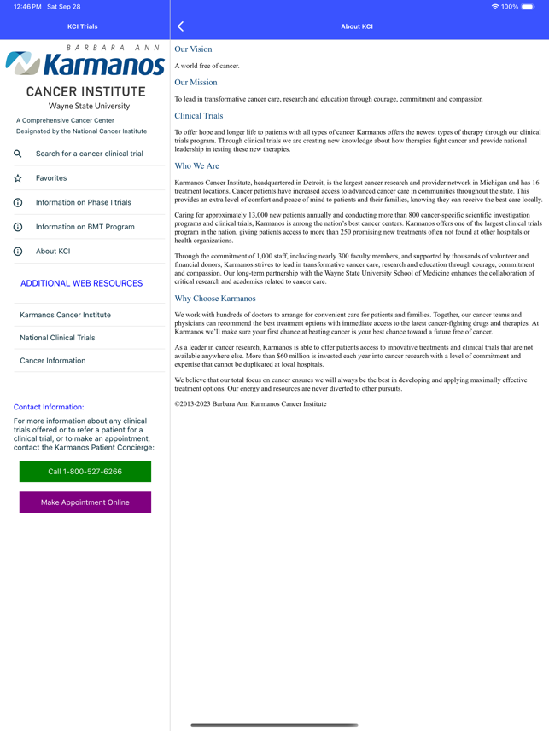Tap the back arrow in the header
(181, 26)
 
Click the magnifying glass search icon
(18, 154)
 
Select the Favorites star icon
(18, 178)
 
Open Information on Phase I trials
(83, 203)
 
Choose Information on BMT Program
(85, 227)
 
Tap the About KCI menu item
(53, 252)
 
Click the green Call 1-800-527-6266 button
(85, 472)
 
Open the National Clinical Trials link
(57, 338)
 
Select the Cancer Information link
(53, 361)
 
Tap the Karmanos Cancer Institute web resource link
(65, 315)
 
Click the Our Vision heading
(193, 49)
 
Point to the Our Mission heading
(196, 83)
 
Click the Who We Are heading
(196, 166)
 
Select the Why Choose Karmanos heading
(215, 299)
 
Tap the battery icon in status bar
(529, 7)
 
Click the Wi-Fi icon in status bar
(495, 7)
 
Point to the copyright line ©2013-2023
(250, 404)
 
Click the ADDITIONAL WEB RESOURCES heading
(81, 283)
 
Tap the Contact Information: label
(49, 407)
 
